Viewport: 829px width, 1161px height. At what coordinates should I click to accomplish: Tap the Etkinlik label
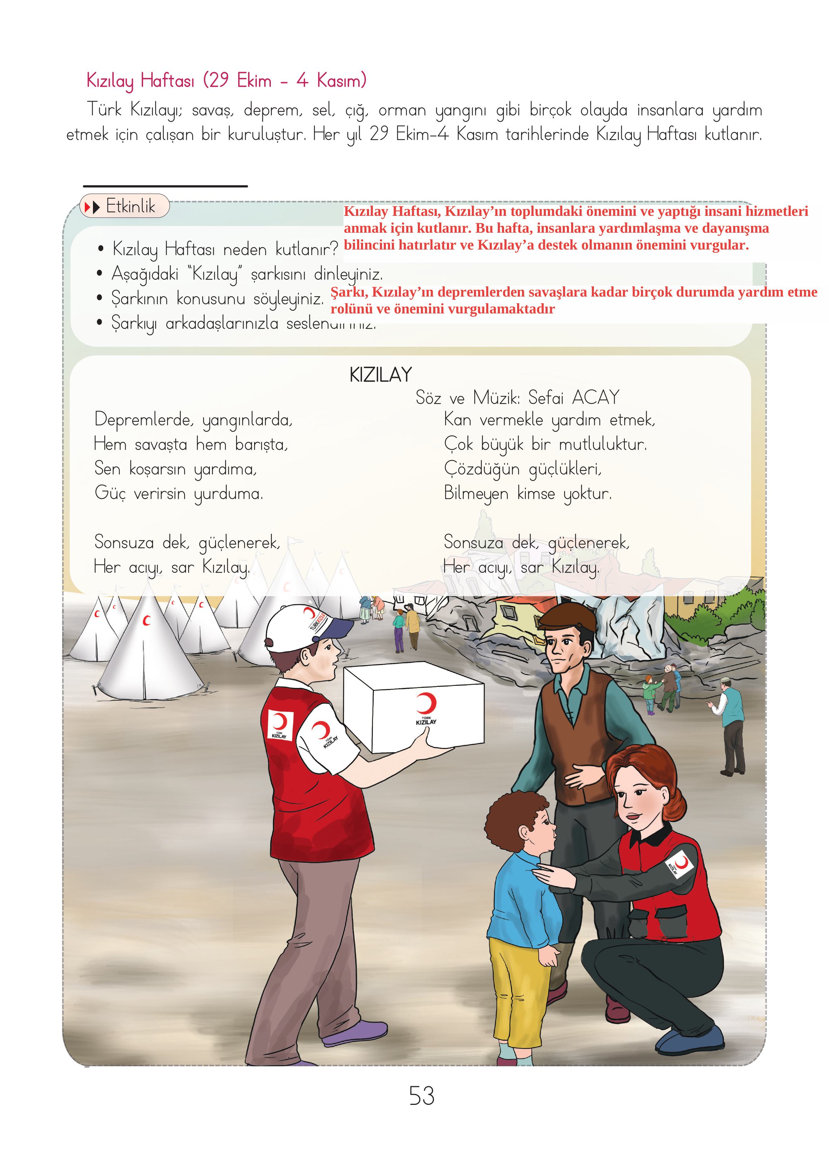click(130, 206)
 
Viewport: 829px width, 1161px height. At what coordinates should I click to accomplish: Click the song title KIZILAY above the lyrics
click(380, 375)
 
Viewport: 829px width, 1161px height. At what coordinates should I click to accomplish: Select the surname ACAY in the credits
click(596, 397)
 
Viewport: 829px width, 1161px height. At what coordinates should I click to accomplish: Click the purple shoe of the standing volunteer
click(352, 1031)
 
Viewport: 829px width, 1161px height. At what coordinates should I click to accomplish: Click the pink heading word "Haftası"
click(167, 81)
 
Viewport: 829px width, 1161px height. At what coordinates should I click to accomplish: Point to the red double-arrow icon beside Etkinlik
click(92, 207)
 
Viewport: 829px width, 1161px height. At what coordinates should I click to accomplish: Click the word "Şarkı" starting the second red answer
click(349, 292)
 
